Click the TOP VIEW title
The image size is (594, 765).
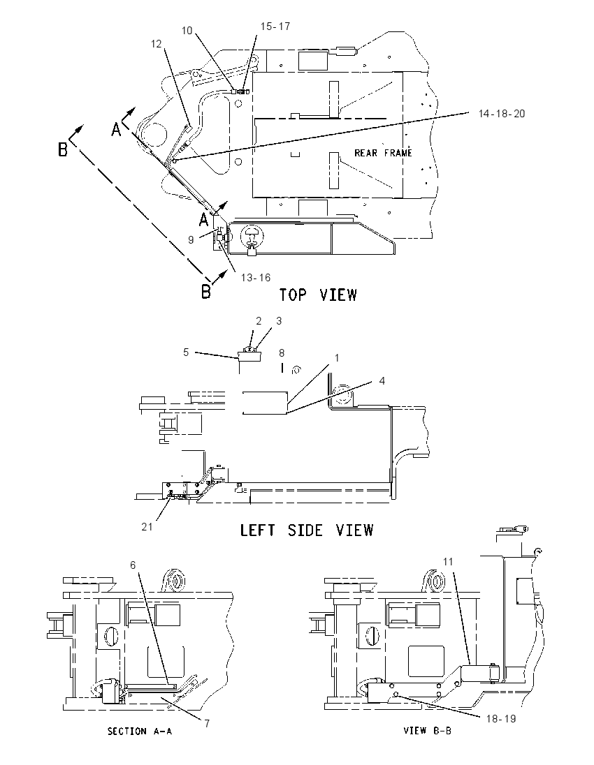(x=318, y=295)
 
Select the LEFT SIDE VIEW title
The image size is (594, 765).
(x=307, y=530)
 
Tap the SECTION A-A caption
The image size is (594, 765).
(x=140, y=731)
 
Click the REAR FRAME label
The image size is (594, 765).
(x=383, y=153)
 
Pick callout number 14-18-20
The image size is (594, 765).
(x=502, y=114)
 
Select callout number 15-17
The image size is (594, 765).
(x=275, y=27)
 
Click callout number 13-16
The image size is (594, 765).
(x=256, y=278)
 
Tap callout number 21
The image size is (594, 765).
(x=147, y=527)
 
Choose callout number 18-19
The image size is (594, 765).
(x=500, y=719)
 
